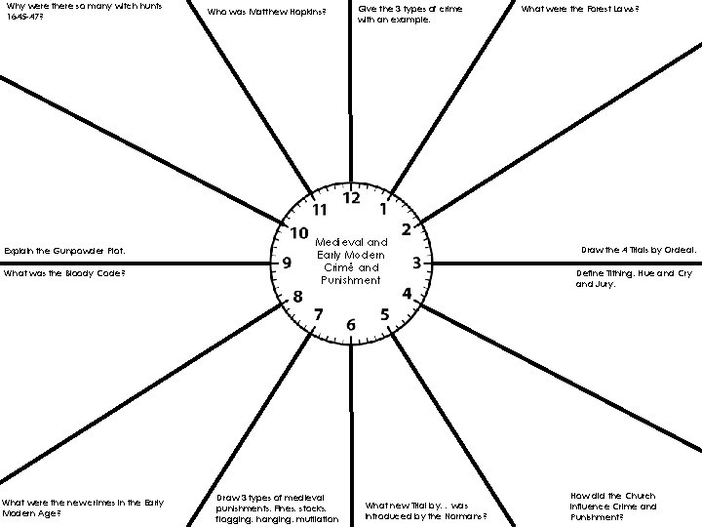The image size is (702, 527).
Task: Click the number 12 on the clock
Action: point(350,198)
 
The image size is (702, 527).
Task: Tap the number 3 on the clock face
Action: point(416,263)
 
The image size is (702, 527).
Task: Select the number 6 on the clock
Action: point(351,324)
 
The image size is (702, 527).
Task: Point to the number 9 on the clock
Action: point(287,263)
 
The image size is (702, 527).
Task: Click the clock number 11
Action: point(319,209)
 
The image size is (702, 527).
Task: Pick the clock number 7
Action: point(318,313)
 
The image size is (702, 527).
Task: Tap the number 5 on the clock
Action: point(384,313)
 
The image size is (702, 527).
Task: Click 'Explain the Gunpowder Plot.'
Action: point(65,251)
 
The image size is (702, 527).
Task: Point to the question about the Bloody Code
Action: point(64,273)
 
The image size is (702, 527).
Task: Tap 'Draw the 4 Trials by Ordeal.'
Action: point(638,250)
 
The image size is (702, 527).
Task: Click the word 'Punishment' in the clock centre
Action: point(352,281)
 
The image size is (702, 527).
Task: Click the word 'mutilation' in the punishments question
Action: point(316,519)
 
